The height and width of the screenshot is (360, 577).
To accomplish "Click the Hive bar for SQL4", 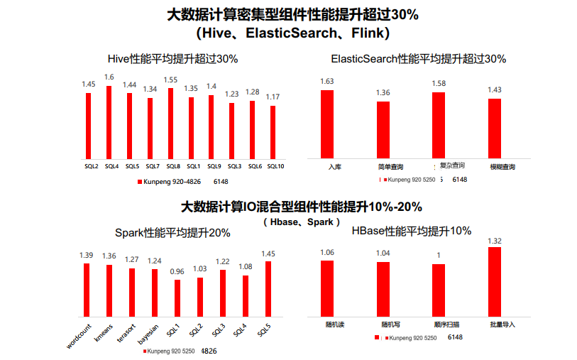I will pyautogui.click(x=109, y=122).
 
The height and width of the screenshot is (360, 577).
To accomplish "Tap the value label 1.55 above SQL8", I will pyautogui.click(x=170, y=80).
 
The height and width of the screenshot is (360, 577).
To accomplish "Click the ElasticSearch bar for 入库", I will pyautogui.click(x=326, y=124).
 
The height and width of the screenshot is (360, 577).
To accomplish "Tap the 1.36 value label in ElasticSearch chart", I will pyautogui.click(x=383, y=93).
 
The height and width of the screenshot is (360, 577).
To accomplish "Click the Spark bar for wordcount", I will pyautogui.click(x=87, y=289).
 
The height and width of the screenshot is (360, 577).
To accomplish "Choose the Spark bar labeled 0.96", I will pyautogui.click(x=177, y=298).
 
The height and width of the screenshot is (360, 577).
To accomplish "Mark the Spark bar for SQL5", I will pyautogui.click(x=268, y=288).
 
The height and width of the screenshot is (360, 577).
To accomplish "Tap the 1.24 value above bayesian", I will pyautogui.click(x=154, y=261).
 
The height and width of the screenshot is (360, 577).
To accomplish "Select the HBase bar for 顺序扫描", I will pyautogui.click(x=439, y=290).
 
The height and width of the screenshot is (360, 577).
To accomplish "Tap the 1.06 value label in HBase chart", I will pyautogui.click(x=327, y=252).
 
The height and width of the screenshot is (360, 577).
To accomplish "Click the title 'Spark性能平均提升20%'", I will pyautogui.click(x=172, y=232).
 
